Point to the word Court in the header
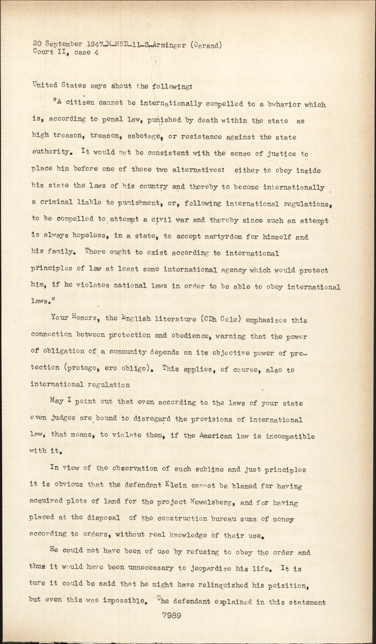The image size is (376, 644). [42, 52]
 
